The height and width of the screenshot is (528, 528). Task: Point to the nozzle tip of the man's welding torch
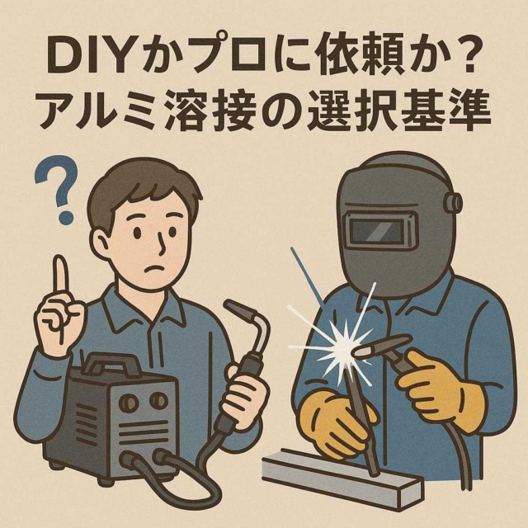[233, 307]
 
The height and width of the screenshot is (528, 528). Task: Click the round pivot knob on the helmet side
[452, 204]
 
